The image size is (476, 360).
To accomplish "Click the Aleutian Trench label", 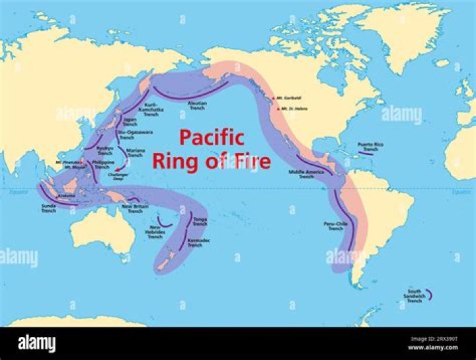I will (197, 106).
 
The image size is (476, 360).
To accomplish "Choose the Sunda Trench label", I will (48, 208).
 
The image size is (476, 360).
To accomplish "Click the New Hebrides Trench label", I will (155, 232).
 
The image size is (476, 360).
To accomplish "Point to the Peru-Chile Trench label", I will (336, 226).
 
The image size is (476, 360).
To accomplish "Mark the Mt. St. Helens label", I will (293, 108).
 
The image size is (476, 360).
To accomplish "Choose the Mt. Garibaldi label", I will (289, 97).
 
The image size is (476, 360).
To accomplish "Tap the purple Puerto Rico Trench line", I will (365, 154).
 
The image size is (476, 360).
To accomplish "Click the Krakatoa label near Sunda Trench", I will (67, 196).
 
